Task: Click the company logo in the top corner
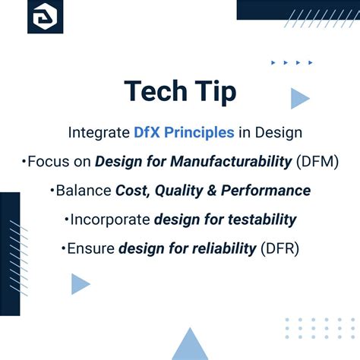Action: (x=45, y=17)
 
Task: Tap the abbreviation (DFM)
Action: (x=317, y=161)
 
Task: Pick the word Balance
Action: (x=83, y=190)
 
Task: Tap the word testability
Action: (x=257, y=219)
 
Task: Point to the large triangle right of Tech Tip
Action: (x=299, y=97)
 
